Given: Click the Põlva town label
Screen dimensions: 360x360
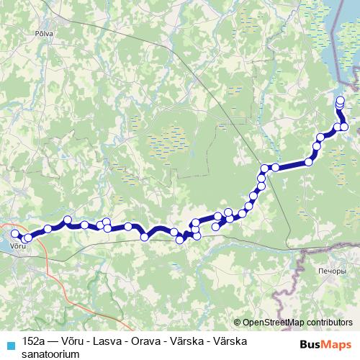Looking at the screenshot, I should coord(35,33).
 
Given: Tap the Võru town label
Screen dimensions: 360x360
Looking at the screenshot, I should coord(19,246).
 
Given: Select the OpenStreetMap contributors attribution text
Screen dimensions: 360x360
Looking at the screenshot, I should coord(297,323).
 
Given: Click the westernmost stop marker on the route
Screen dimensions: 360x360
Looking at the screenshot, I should coord(14,233).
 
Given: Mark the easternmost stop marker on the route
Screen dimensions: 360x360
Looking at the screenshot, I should coord(344,127).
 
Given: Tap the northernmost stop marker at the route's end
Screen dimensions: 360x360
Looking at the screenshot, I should coord(341,99).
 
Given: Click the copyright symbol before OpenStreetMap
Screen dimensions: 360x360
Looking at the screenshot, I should coord(238,323).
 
